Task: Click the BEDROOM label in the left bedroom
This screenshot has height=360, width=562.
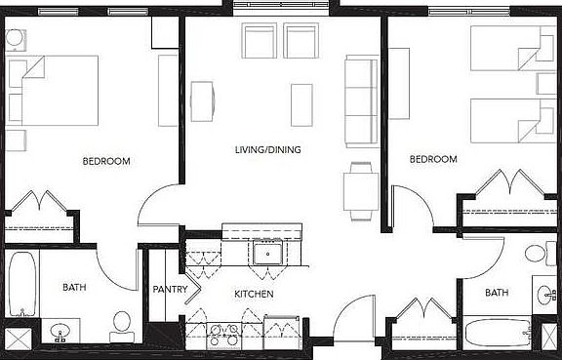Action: pos(105,161)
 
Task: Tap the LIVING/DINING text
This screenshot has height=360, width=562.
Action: pos(267,150)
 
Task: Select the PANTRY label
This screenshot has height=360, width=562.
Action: pos(170,289)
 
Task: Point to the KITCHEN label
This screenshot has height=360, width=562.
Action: pos(253,294)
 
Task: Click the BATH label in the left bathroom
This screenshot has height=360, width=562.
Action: pos(74,288)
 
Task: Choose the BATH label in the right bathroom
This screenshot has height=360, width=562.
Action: pos(497,293)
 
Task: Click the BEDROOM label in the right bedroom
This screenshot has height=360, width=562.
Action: pos(433,159)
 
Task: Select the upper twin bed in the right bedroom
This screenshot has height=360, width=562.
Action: pos(504,48)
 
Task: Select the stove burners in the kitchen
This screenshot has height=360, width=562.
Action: pos(224,332)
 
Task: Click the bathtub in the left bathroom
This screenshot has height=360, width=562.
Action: pos(20,286)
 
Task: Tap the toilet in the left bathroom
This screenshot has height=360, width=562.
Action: pos(122,325)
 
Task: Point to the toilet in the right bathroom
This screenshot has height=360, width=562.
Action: pos(536,255)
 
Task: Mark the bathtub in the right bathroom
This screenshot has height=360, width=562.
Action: pos(495,332)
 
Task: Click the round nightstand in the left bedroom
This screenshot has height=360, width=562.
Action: pos(17,40)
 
